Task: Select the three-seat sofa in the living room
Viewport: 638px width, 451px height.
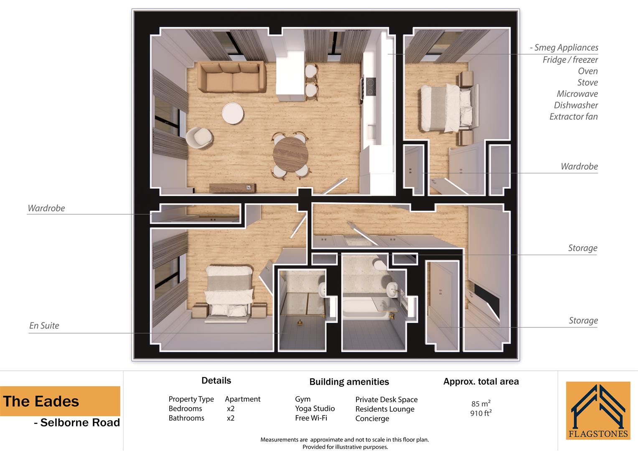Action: (x=231, y=77)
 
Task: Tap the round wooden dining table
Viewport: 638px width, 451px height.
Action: (x=290, y=155)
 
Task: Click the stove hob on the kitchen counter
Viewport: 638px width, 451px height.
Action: (x=370, y=87)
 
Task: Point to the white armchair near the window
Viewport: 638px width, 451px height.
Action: (x=199, y=137)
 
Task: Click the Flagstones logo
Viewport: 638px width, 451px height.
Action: (x=598, y=410)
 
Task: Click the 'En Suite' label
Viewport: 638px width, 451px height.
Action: (x=44, y=326)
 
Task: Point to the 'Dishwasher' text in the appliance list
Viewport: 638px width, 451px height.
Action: (x=576, y=105)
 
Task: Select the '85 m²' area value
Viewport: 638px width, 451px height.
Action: (x=481, y=404)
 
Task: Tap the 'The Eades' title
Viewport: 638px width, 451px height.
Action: (x=41, y=401)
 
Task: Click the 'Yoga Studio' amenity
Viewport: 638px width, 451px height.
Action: (x=315, y=408)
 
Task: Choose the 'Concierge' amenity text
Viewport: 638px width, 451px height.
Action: (x=372, y=418)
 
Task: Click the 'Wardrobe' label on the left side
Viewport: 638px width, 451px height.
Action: (x=46, y=208)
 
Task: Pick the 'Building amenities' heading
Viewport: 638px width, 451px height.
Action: (x=349, y=382)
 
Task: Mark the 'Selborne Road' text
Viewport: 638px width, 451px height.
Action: (x=80, y=423)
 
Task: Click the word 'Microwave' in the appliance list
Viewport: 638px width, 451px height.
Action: (x=577, y=94)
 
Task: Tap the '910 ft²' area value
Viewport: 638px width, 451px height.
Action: (x=481, y=413)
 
